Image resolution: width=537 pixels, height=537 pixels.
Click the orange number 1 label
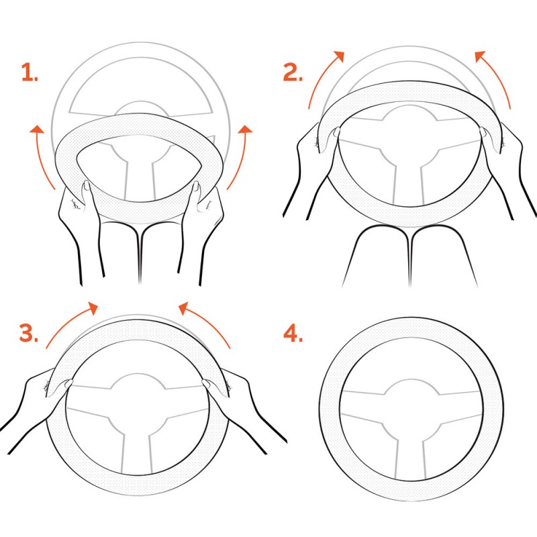(x=30, y=72)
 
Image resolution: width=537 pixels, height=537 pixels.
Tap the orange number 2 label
(x=293, y=72)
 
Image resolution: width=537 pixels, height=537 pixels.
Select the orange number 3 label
(x=29, y=332)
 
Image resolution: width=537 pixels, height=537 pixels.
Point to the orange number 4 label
(x=293, y=333)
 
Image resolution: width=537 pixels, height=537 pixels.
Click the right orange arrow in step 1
(x=241, y=156)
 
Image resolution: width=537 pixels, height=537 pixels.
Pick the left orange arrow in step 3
(x=68, y=320)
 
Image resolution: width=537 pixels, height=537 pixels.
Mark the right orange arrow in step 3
(x=208, y=320)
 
